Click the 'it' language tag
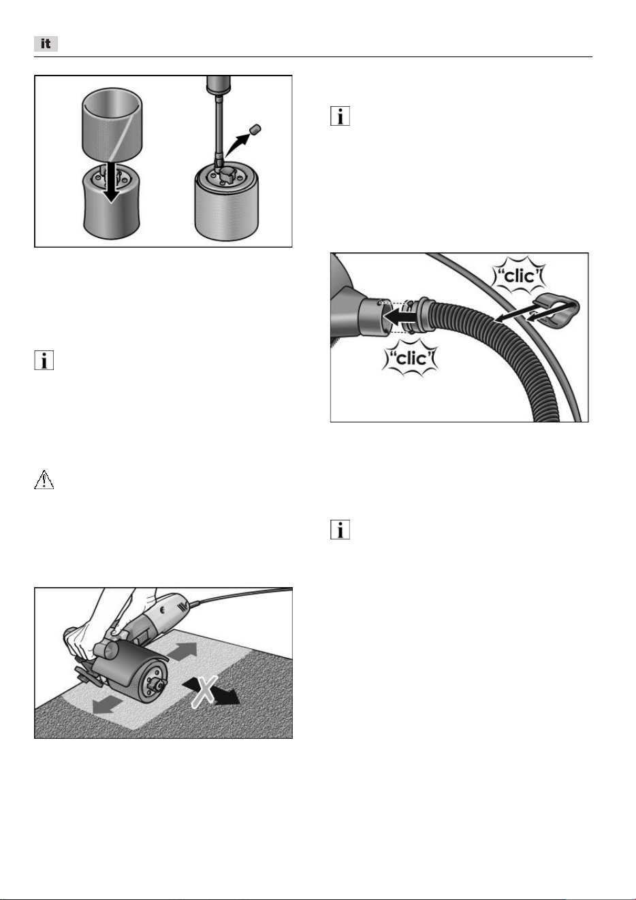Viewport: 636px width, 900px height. pyautogui.click(x=46, y=44)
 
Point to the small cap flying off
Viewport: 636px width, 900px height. pyautogui.click(x=255, y=130)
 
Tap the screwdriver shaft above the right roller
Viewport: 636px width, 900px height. pyautogui.click(x=219, y=129)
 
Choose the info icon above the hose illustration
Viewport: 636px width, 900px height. pyautogui.click(x=340, y=116)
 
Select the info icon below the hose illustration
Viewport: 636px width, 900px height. pyautogui.click(x=340, y=529)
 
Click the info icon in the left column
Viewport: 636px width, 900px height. pyautogui.click(x=44, y=361)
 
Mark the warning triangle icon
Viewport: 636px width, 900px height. pyautogui.click(x=44, y=480)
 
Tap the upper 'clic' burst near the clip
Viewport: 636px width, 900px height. pyautogui.click(x=520, y=276)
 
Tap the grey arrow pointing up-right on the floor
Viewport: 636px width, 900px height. pyautogui.click(x=183, y=650)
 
